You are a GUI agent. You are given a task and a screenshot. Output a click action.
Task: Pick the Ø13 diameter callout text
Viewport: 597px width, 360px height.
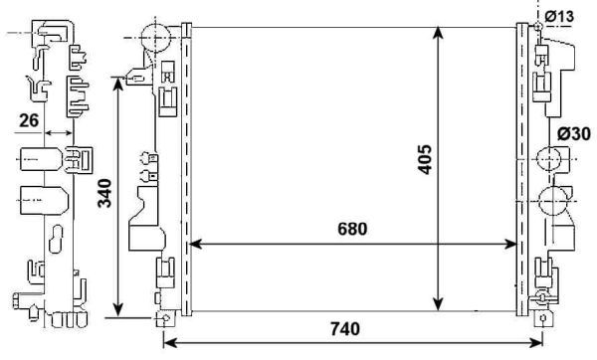coord(559,17)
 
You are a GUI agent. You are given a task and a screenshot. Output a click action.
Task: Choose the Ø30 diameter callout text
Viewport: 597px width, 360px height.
coord(574,133)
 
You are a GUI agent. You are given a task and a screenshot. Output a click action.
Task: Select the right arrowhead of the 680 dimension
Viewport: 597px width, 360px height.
coord(512,244)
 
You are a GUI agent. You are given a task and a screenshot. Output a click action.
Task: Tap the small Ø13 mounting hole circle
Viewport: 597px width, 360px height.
coord(538,24)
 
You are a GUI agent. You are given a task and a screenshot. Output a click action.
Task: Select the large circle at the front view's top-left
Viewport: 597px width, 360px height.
coord(155,38)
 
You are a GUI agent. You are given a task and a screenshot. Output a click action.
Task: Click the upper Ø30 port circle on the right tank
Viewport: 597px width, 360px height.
coord(548,159)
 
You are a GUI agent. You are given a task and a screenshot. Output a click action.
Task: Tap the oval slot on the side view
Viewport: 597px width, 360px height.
coord(37,161)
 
